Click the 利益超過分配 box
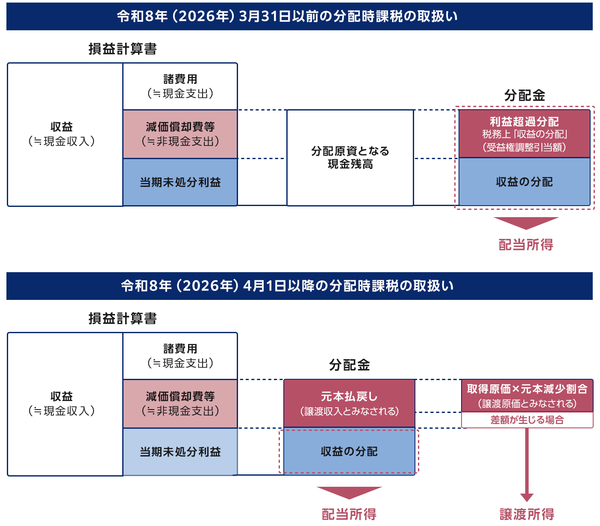pos(524,134)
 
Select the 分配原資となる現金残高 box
pos(350,158)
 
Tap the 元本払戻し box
pos(349,403)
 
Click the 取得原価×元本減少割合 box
pos(527,395)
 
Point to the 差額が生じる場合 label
pos(527,420)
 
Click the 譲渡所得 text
pos(527,514)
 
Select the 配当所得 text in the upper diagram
pos(526,245)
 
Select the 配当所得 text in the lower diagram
pos(349,514)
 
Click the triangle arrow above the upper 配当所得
pos(526,222)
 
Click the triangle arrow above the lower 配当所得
pos(349,492)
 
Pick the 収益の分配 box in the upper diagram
pos(524,182)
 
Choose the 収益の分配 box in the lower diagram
pos(349,451)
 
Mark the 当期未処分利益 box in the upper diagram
pos(180,183)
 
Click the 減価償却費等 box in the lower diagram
pos(180,404)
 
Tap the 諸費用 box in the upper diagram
pos(180,86)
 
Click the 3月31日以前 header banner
pos(299,16)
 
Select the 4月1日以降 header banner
pos(299,286)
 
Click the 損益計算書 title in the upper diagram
pos(123,49)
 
